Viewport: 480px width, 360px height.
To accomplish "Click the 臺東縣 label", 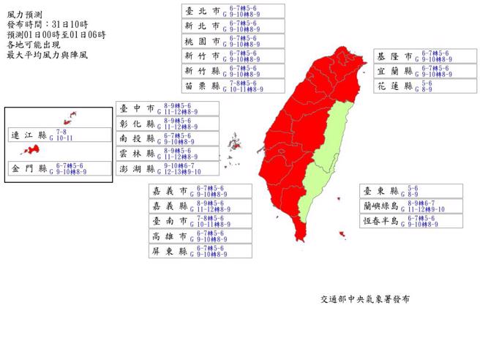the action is point(379,190).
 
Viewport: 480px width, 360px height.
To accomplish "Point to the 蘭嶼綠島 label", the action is point(379,206).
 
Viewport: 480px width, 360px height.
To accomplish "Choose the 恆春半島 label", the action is point(379,220).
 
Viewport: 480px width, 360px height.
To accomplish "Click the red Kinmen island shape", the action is point(30,149).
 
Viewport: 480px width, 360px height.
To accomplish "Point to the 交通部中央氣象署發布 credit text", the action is point(364,299).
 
